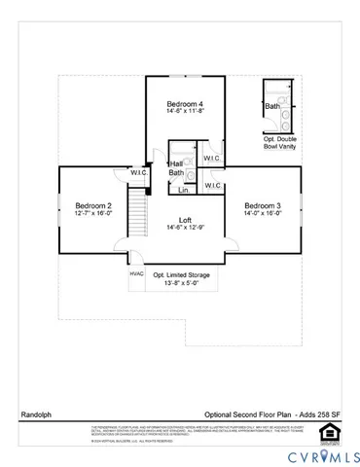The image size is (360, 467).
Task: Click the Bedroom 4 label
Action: click(185, 104)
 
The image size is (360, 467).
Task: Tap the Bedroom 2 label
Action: click(95, 206)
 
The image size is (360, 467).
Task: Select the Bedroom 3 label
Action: click(263, 206)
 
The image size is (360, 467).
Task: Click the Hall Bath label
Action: click(176, 169)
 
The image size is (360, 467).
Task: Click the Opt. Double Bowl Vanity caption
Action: click(284, 144)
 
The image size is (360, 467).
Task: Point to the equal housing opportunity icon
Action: click(331, 432)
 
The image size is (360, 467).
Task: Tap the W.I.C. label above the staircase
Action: click(139, 172)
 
